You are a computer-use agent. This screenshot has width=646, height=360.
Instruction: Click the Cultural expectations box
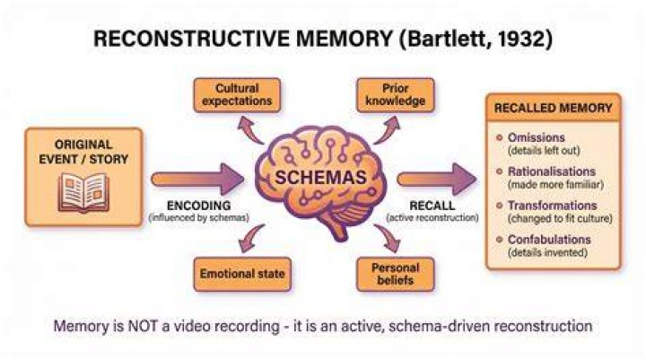point(237,95)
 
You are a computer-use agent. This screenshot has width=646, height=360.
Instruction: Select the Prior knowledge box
point(396,95)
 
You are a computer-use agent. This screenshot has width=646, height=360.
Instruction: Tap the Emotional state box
point(242,274)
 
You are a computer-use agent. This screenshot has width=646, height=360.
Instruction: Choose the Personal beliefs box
point(396,274)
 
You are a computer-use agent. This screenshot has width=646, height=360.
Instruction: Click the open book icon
point(83,193)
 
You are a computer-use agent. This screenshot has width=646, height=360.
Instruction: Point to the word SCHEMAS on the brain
point(320,178)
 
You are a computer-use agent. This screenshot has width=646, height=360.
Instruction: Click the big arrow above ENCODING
point(197,179)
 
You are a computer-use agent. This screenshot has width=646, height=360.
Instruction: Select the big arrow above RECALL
point(437,179)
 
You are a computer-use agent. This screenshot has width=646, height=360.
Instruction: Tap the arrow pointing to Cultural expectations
point(251,130)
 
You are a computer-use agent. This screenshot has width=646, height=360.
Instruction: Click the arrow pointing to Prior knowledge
point(387,130)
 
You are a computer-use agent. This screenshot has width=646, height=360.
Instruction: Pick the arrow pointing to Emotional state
point(251,238)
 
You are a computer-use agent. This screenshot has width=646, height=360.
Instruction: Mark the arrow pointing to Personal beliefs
point(387,238)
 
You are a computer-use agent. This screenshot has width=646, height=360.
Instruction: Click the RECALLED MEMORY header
point(554,108)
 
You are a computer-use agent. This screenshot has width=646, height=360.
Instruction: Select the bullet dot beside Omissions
point(500,137)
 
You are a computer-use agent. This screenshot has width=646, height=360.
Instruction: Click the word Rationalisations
point(552,171)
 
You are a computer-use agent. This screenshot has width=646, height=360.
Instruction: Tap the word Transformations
point(553,206)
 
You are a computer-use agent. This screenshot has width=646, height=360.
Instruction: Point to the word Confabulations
point(549,239)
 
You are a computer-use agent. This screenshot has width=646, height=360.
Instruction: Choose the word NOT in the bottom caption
point(143,326)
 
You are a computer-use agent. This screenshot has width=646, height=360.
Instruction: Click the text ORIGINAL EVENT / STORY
point(83,152)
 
